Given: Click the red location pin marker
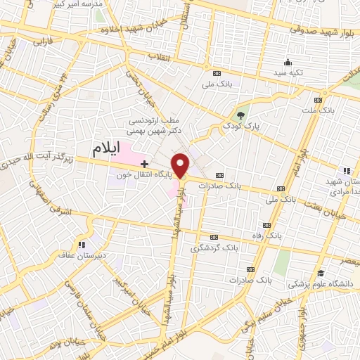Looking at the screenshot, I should (181, 165).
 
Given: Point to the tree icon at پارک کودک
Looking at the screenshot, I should (241, 115).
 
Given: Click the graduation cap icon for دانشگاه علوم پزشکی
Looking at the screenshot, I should (321, 274).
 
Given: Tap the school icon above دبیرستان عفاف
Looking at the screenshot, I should (82, 245).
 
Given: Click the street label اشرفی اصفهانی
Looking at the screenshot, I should (38, 196).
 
